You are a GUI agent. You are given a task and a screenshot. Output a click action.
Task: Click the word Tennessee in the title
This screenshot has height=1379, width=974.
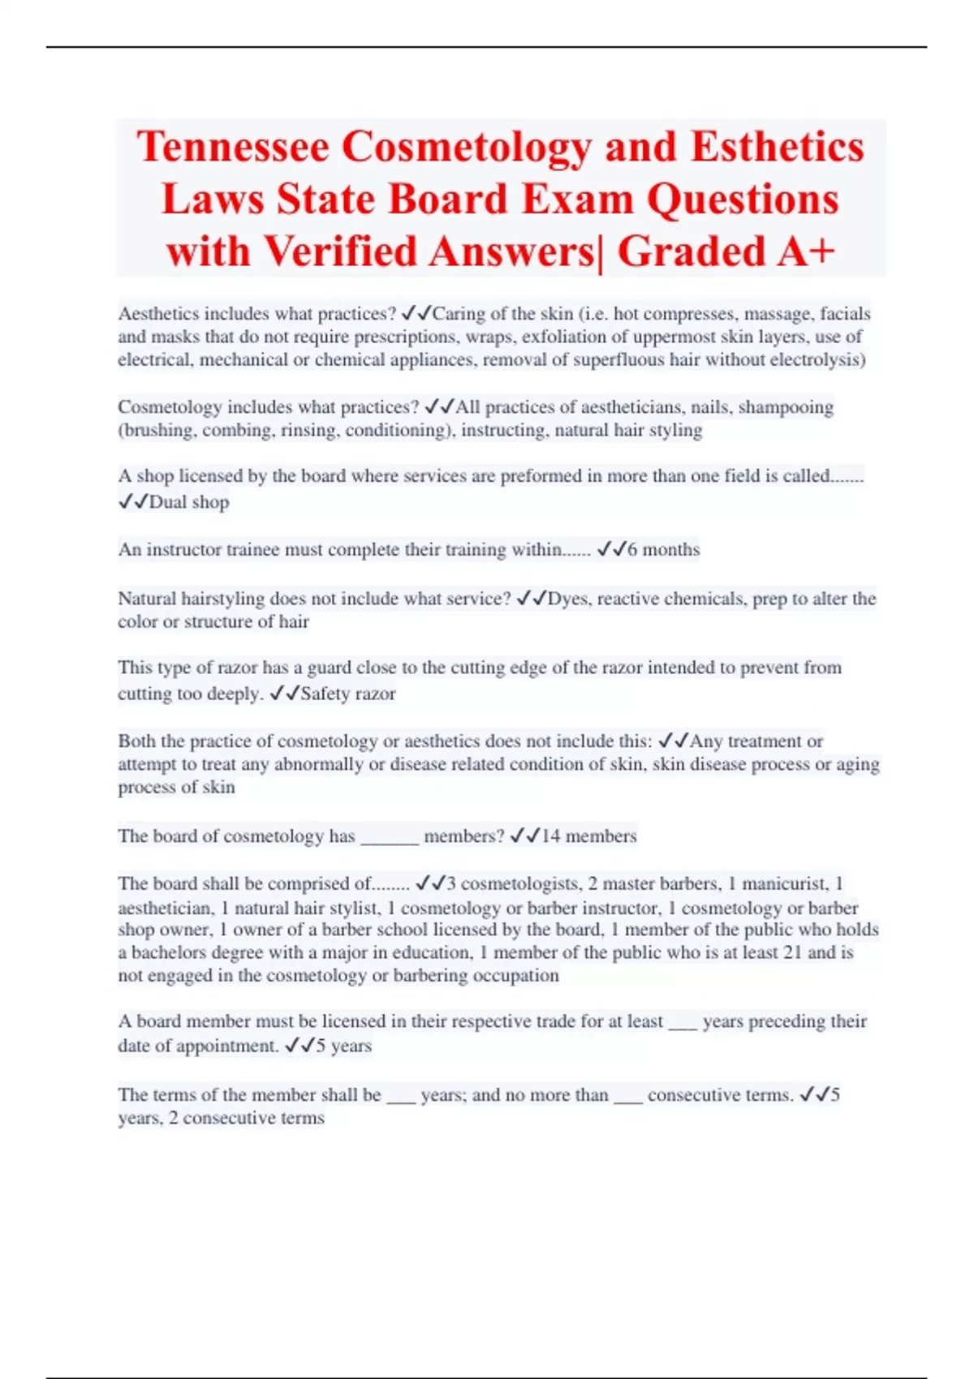tap(233, 148)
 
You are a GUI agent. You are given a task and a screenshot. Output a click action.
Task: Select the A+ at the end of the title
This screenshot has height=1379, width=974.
tap(805, 251)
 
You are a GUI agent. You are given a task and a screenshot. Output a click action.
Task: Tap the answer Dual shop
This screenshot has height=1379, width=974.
tap(189, 502)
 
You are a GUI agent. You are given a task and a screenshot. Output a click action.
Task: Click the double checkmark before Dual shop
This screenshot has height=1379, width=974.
tap(133, 502)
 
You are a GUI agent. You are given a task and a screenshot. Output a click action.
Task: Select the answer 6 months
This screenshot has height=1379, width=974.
tap(662, 549)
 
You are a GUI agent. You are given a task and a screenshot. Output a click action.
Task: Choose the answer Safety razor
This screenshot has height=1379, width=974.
tap(348, 694)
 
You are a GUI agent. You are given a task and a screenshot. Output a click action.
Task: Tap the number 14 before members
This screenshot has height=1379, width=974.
tap(550, 836)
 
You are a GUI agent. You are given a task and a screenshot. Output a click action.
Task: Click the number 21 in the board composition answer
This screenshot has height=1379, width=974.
tap(792, 952)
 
